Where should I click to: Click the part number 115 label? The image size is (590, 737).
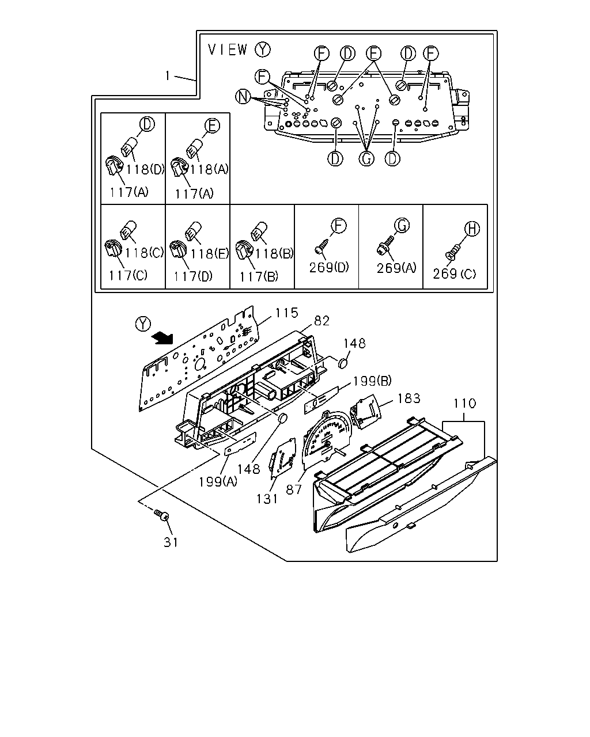(x=286, y=313)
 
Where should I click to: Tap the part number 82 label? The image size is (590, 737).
(x=322, y=321)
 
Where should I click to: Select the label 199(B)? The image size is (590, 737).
(x=372, y=381)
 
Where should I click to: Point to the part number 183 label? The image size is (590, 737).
(x=409, y=398)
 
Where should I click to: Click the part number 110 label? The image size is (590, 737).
(x=464, y=404)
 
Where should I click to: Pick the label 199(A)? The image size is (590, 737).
(x=218, y=482)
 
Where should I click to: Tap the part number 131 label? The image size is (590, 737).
(x=267, y=499)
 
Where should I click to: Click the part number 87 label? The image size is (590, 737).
(x=294, y=490)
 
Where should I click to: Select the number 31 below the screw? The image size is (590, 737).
(x=171, y=542)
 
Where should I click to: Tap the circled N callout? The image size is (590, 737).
(x=243, y=97)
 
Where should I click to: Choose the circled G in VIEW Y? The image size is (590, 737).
(x=366, y=159)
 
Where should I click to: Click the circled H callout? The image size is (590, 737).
(x=472, y=229)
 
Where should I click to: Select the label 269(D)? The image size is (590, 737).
(x=329, y=268)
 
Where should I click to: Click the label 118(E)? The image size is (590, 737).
(x=210, y=254)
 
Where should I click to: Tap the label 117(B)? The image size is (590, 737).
(x=259, y=276)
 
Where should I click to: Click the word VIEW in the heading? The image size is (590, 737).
(x=228, y=50)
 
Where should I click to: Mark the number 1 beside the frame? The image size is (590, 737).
(x=168, y=75)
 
